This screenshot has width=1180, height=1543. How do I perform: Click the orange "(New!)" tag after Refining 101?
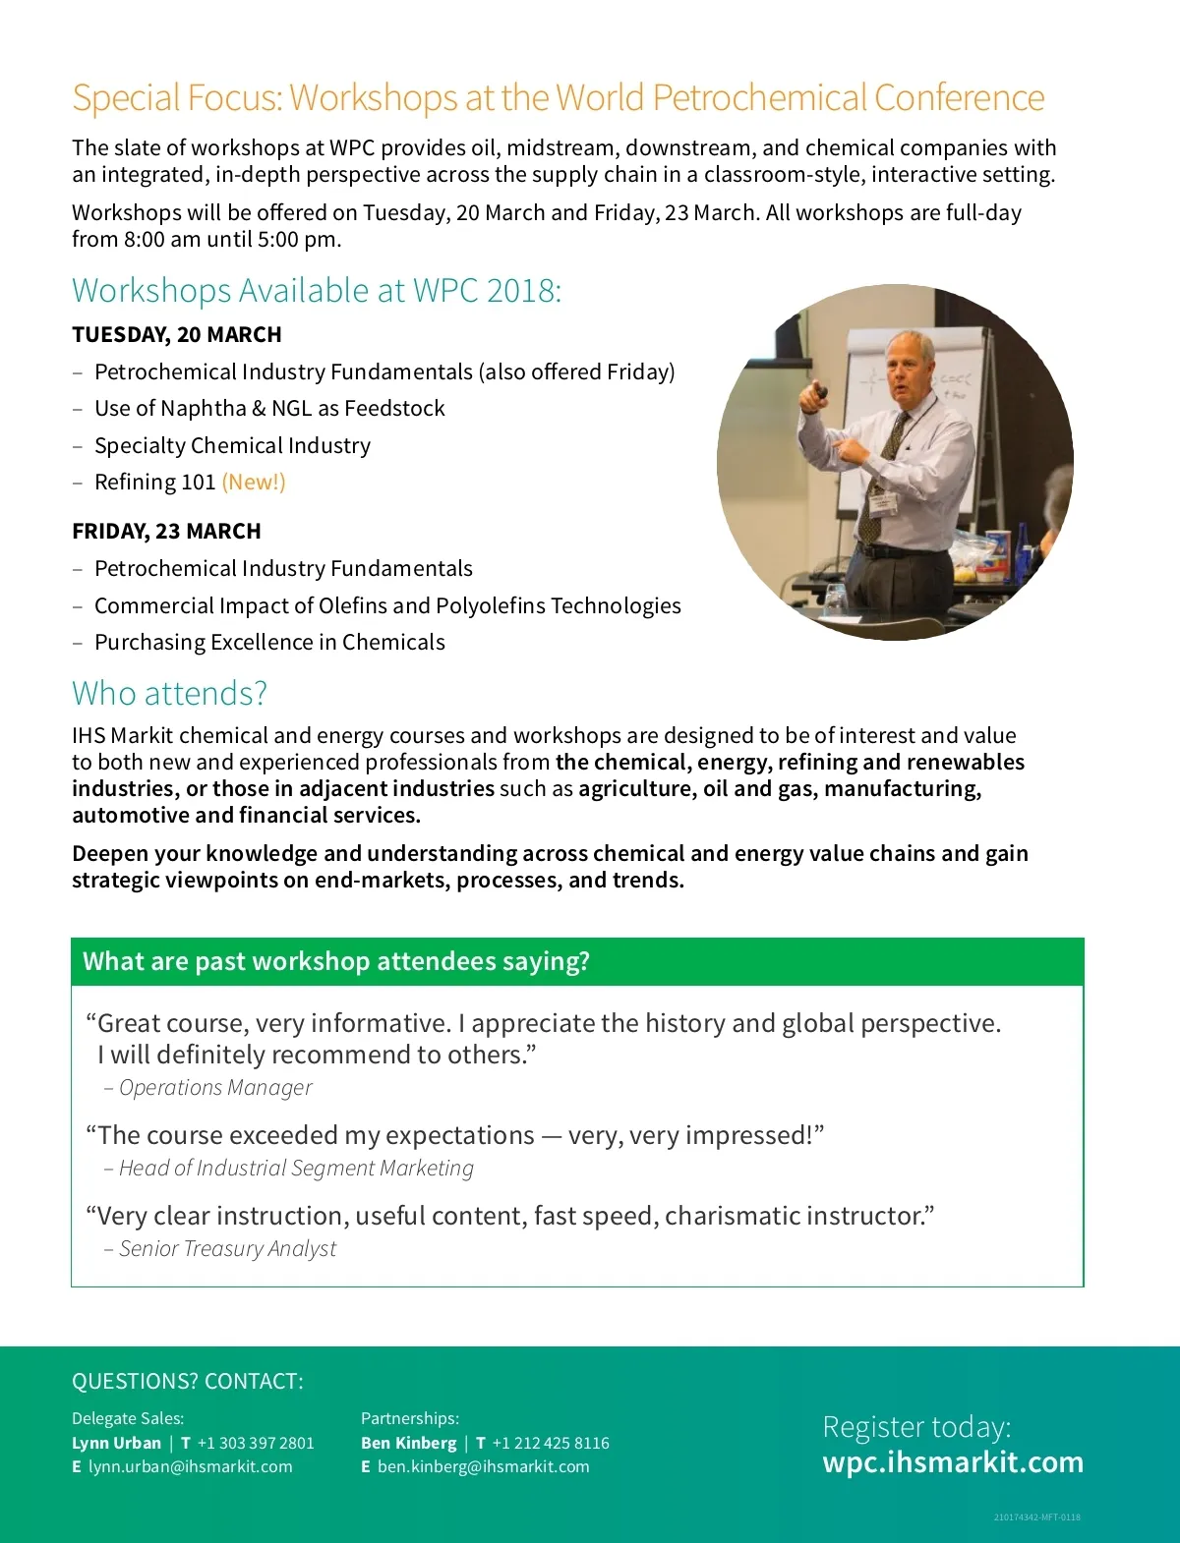click(x=254, y=483)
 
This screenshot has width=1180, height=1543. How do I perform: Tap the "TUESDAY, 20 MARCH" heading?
click(x=177, y=335)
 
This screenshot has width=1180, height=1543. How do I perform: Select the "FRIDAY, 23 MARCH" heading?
click(x=166, y=532)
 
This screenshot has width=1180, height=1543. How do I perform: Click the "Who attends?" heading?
click(x=169, y=694)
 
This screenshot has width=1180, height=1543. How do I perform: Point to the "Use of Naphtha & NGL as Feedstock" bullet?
click(x=269, y=409)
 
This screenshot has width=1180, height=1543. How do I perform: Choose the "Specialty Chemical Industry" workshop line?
click(x=232, y=446)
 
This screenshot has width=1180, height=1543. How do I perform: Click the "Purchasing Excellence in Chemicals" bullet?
click(x=269, y=643)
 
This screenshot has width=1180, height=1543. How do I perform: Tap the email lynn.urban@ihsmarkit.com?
click(x=190, y=1466)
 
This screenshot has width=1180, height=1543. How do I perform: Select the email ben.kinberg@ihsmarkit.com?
click(x=483, y=1466)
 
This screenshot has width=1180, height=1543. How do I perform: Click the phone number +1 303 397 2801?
click(x=256, y=1443)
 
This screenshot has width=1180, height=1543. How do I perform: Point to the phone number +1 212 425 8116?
click(x=551, y=1443)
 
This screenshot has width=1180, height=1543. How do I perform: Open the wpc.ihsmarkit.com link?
click(x=953, y=1462)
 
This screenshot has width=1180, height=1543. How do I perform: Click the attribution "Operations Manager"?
click(x=215, y=1088)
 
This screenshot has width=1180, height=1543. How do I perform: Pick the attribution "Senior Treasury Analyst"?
click(x=227, y=1249)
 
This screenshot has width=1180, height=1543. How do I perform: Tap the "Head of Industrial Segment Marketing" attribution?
click(x=296, y=1169)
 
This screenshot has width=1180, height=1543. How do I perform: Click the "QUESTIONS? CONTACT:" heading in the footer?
click(x=188, y=1382)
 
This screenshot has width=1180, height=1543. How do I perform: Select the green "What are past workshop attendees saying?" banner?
click(x=577, y=961)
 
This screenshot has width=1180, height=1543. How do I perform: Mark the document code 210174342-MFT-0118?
click(x=1036, y=1517)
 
